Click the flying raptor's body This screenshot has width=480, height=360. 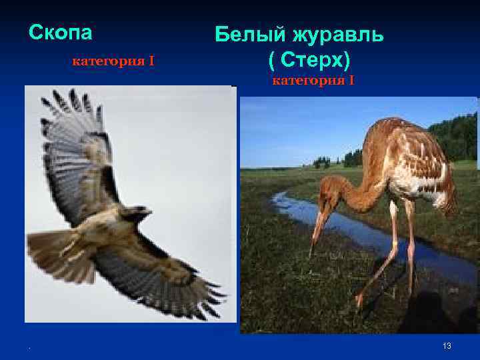pyautogui.click(x=110, y=230)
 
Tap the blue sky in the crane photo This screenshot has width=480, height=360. pyautogui.click(x=300, y=127)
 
